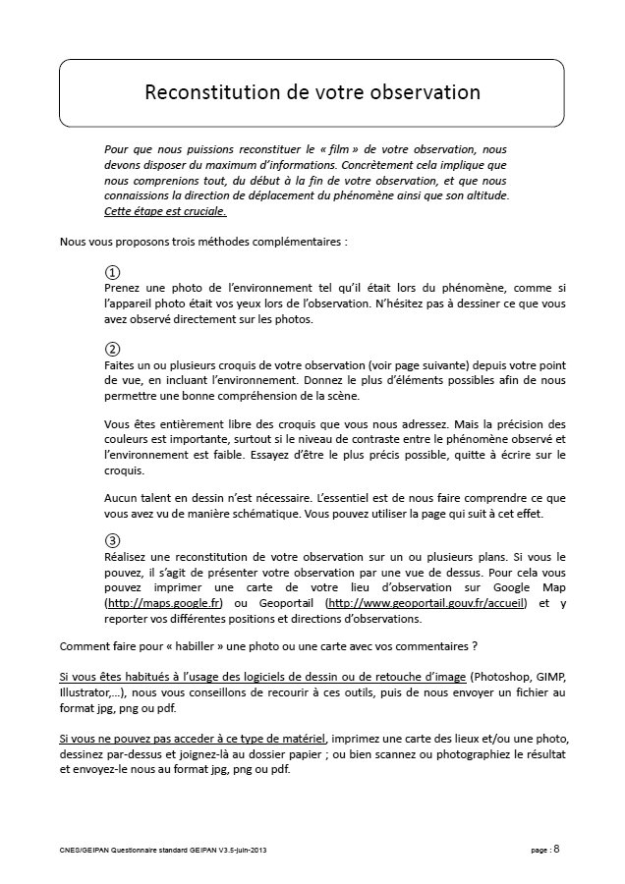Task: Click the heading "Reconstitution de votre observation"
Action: coord(312,93)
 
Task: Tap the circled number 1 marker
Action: coord(112,272)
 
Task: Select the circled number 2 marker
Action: coord(112,349)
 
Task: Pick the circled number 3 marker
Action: coord(112,540)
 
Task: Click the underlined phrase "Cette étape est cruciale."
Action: coord(165,210)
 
